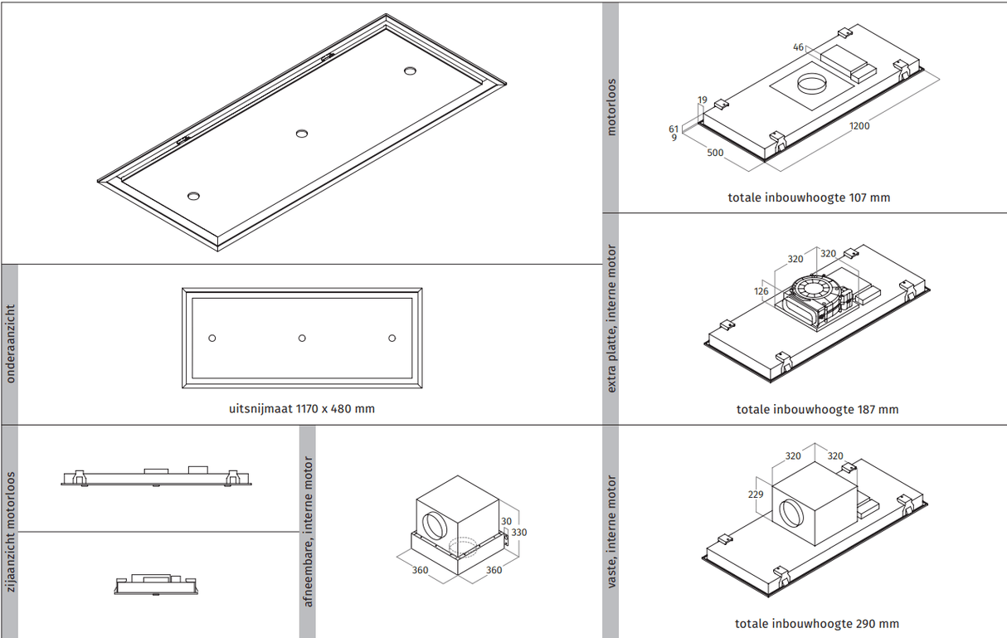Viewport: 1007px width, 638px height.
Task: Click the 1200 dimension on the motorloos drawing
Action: tap(859, 126)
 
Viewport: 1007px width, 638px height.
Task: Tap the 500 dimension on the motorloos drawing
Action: tap(715, 153)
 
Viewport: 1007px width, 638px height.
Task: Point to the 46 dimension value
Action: tap(798, 47)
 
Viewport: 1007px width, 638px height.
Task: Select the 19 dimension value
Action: tap(703, 100)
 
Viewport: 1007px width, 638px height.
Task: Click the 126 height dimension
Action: tap(761, 291)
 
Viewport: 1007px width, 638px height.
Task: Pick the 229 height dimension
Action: tap(756, 494)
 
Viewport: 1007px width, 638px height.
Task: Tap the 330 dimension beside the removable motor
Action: tap(518, 533)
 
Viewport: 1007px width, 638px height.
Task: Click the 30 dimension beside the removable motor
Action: tap(506, 521)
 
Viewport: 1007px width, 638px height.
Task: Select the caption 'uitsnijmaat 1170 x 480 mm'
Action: tap(302, 409)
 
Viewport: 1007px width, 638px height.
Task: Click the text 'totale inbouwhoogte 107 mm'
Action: tap(809, 197)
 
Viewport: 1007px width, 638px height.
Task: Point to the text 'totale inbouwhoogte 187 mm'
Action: tap(817, 410)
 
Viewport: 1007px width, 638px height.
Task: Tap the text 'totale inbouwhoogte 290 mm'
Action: tap(817, 624)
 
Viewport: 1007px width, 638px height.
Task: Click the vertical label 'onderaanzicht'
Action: tap(10, 344)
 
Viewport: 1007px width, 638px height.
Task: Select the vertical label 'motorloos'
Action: tap(611, 108)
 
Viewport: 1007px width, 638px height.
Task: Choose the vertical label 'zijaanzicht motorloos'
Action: tap(10, 532)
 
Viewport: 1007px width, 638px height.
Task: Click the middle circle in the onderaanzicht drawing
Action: tap(302, 338)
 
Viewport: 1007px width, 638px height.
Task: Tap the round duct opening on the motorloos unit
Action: tap(812, 84)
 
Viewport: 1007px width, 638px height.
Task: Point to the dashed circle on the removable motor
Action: tap(463, 547)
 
